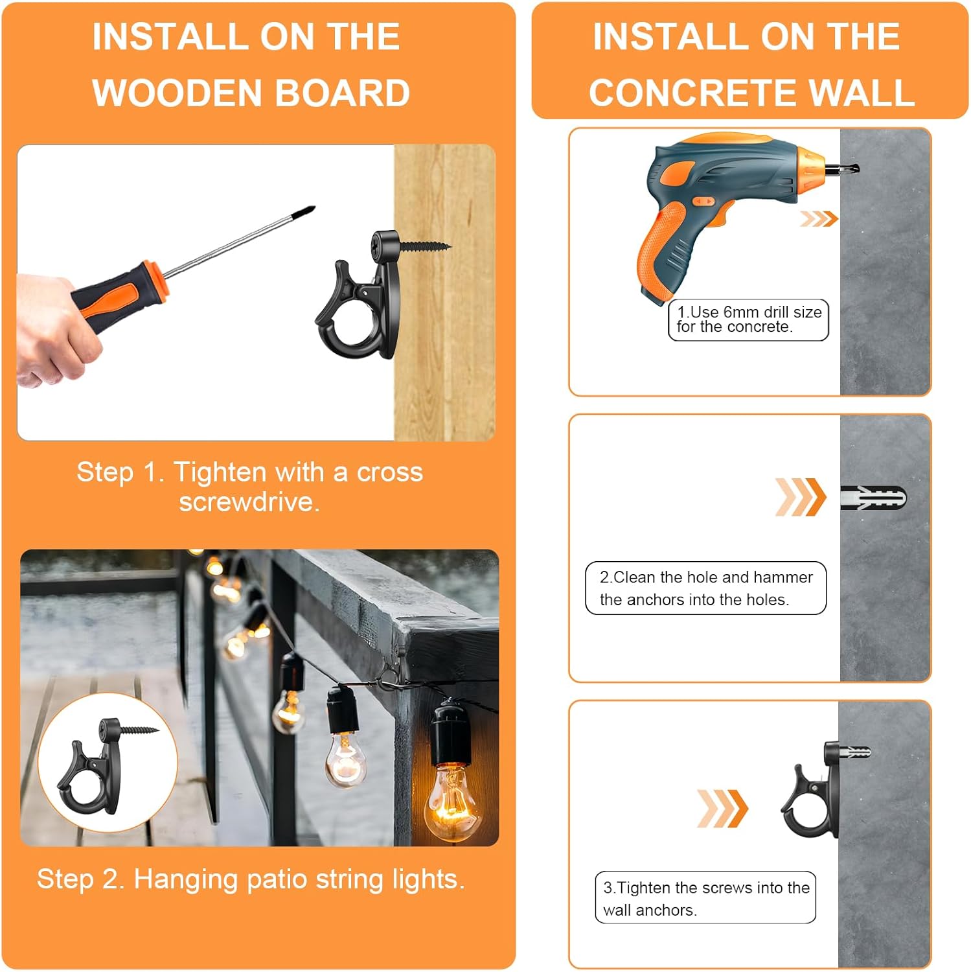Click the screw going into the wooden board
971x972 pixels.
[424, 246]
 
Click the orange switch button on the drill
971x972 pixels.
[704, 202]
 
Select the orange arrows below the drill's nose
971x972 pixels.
[819, 219]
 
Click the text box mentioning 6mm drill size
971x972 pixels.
[748, 319]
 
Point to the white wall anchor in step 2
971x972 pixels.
[873, 498]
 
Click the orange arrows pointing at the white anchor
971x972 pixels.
[801, 497]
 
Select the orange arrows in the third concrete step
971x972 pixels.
[722, 808]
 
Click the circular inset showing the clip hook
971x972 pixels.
[108, 762]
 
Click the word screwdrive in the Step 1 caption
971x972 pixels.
[249, 502]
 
